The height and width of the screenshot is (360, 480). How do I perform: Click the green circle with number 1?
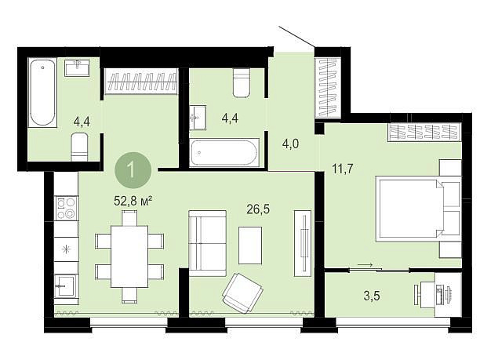click(x=133, y=170)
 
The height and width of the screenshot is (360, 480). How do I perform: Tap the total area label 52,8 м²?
click(x=133, y=201)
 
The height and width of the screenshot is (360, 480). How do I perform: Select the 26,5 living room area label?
click(x=258, y=209)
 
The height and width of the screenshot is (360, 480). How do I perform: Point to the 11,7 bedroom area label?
click(x=343, y=169)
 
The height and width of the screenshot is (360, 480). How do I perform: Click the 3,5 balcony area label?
click(x=372, y=296)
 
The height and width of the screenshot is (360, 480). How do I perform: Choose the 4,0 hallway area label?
click(x=290, y=144)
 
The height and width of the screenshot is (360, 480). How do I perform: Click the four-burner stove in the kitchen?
click(x=66, y=208)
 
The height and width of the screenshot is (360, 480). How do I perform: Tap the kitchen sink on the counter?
click(x=65, y=285)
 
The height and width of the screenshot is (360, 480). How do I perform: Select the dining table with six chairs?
click(x=129, y=256)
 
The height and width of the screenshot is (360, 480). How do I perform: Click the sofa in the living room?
click(x=208, y=243)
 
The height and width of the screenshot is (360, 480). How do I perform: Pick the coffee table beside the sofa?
click(x=250, y=245)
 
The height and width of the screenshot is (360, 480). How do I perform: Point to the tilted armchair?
click(x=242, y=293)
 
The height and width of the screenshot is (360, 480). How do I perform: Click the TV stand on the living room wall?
click(x=303, y=243)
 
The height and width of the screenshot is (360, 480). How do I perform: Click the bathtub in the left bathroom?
click(x=42, y=93)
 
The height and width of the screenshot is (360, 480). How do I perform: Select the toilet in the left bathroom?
click(x=79, y=147)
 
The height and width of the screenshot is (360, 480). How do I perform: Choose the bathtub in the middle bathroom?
click(x=224, y=152)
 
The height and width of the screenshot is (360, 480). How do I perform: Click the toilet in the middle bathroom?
click(x=242, y=82)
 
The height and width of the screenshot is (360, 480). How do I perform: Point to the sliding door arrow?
click(x=365, y=265)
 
